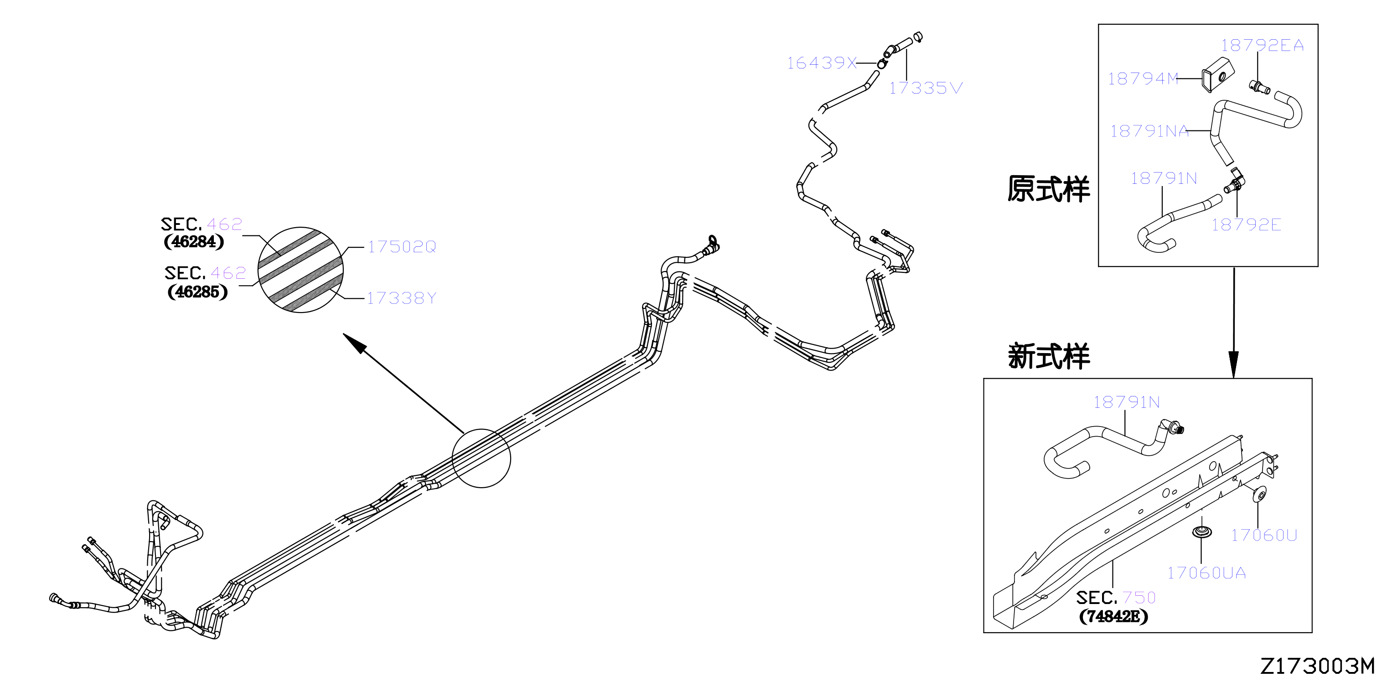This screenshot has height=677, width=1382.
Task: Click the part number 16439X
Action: pos(821,63)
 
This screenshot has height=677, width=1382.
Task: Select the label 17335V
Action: pos(926,88)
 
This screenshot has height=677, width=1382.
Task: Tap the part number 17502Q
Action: pos(402,247)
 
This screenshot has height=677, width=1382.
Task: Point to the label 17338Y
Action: pos(401,298)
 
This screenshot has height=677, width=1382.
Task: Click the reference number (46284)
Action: pos(194,242)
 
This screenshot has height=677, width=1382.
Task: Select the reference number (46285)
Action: pos(197,292)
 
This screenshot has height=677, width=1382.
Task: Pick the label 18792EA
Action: pos(1263,46)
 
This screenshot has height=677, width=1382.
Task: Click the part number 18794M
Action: pos(1143,79)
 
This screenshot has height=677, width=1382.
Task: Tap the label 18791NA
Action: pos(1149,131)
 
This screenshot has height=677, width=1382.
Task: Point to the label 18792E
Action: pos(1246,224)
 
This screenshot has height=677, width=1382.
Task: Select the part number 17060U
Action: pos(1264,535)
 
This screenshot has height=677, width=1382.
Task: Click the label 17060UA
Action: pos(1206,573)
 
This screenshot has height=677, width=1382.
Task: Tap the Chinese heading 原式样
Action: pos(1048,189)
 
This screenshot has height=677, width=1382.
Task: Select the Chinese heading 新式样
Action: pos(1049,356)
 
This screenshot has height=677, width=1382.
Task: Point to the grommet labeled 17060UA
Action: pos(1202,532)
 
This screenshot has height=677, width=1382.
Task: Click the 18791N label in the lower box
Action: pos(1127,402)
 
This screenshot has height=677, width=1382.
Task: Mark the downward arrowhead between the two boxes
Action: pos(1233,365)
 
